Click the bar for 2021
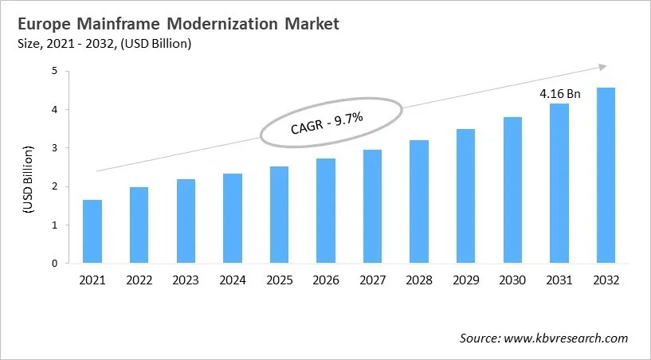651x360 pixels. coord(92,232)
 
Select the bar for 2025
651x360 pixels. coord(278,215)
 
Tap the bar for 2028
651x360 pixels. coord(418,202)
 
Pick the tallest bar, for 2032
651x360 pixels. coord(606,175)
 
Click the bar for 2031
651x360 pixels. coord(559,183)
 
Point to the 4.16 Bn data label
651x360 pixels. coord(559,93)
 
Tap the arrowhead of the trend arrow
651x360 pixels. coord(602,67)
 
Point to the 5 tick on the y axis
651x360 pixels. coord(55,71)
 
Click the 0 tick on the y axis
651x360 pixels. coord(55,264)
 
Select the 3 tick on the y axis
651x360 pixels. coord(55,148)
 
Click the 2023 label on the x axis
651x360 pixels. coord(185,280)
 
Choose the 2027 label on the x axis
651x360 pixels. coord(371,280)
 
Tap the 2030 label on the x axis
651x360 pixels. coord(512,280)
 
